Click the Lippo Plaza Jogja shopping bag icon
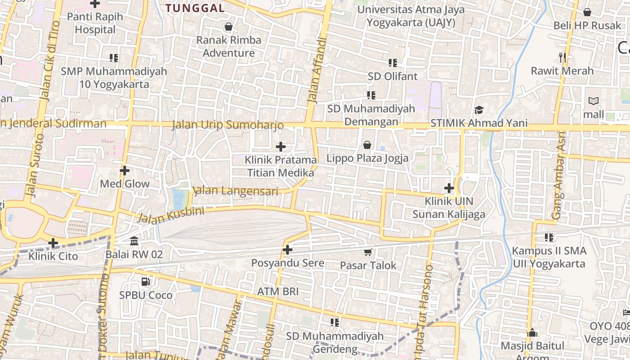click(367, 145)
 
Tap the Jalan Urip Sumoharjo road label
click(228, 125)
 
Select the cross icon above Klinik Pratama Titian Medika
click(281, 147)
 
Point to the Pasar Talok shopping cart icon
click(368, 252)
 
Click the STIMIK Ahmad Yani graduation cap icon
click(479, 110)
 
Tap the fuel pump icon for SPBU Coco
click(145, 282)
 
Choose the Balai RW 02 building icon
click(134, 241)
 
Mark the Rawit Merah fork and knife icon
click(562, 57)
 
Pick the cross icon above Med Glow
click(125, 171)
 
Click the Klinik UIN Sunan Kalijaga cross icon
click(449, 188)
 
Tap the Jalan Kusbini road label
click(171, 215)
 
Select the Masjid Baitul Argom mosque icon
click(532, 333)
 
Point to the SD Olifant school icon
click(392, 63)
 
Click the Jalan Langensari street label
click(235, 191)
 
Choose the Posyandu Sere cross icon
click(288, 250)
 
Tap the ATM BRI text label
click(278, 292)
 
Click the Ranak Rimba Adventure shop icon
click(229, 27)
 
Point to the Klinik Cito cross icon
click(53, 243)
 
